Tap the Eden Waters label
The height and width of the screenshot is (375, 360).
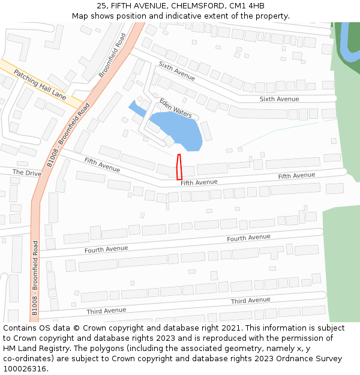pyautogui.click(x=175, y=107)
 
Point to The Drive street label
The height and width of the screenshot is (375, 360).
pyautogui.click(x=27, y=173)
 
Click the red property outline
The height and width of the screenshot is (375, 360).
pyautogui.click(x=179, y=167)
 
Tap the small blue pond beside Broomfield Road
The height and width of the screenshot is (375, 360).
pyautogui.click(x=137, y=109)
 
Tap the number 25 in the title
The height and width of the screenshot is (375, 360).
pyautogui.click(x=101, y=6)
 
